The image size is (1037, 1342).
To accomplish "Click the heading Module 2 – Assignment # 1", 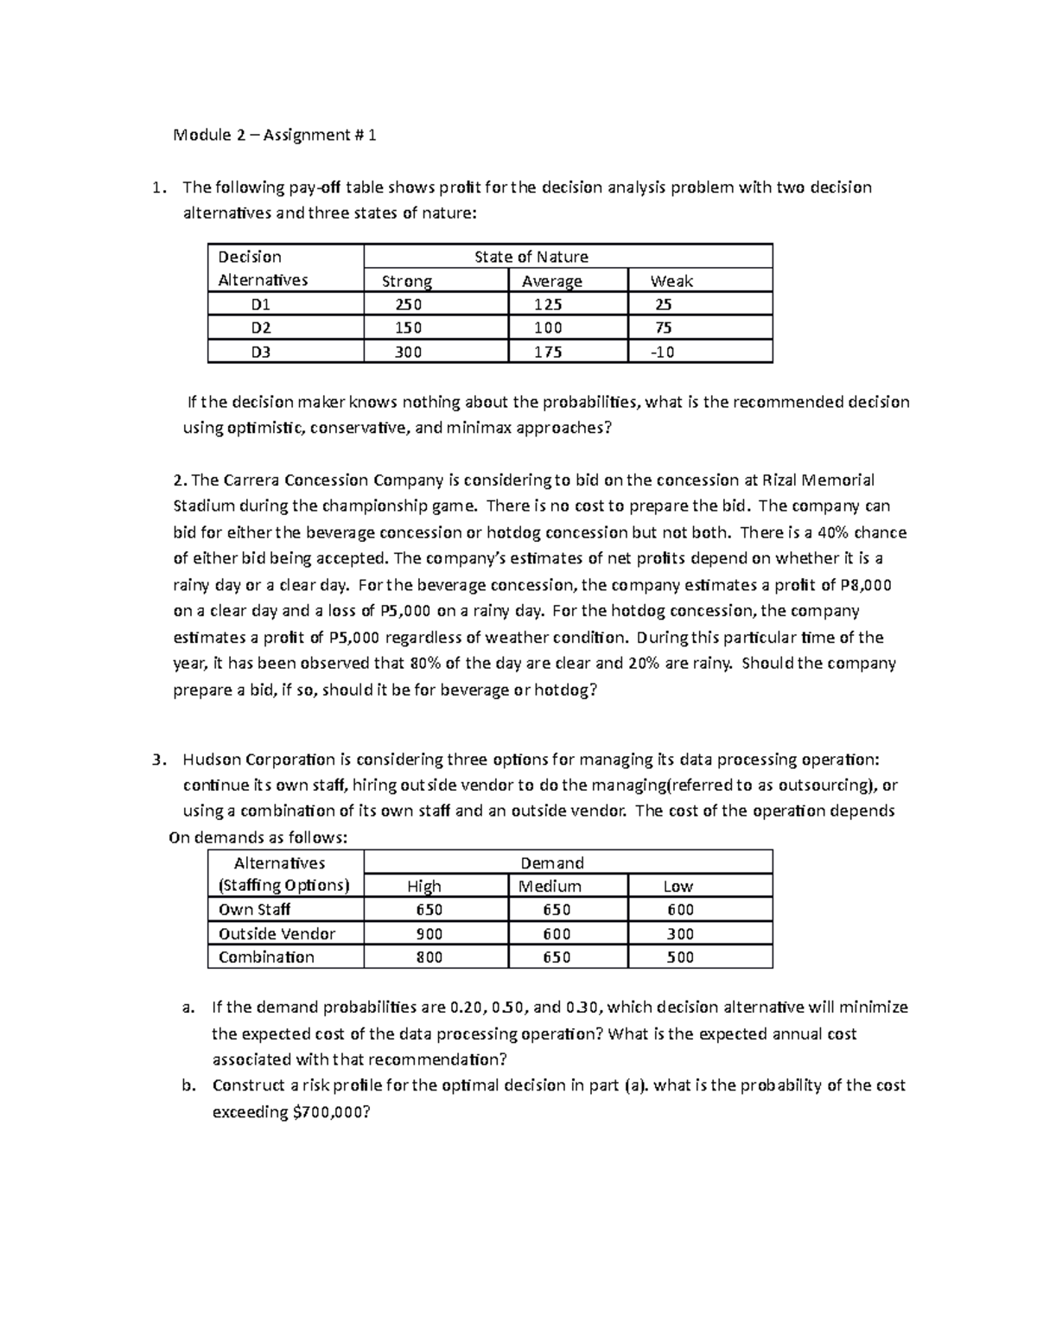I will click(x=275, y=135).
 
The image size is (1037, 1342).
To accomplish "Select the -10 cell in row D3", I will click(x=664, y=352).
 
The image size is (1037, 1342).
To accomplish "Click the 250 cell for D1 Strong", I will click(x=408, y=304).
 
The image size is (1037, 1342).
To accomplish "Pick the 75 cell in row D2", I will click(x=664, y=328).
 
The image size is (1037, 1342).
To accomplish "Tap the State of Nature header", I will click(x=531, y=257).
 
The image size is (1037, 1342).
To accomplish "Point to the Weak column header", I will click(x=671, y=281).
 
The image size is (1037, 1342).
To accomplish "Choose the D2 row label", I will click(x=260, y=328).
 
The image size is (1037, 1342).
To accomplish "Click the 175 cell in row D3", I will click(x=548, y=352).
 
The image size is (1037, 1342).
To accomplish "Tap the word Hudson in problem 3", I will click(x=212, y=760).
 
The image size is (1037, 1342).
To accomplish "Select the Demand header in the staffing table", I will click(x=551, y=862).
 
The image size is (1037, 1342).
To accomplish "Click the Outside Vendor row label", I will click(x=277, y=933).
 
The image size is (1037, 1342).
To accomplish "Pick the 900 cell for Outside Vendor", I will click(x=429, y=933).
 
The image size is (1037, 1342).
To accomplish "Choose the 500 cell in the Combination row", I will click(x=680, y=957).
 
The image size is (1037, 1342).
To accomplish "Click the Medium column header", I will click(x=550, y=886).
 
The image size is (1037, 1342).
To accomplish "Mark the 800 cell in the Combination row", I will click(x=429, y=957).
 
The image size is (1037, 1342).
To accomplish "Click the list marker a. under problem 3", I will click(x=188, y=1008).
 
